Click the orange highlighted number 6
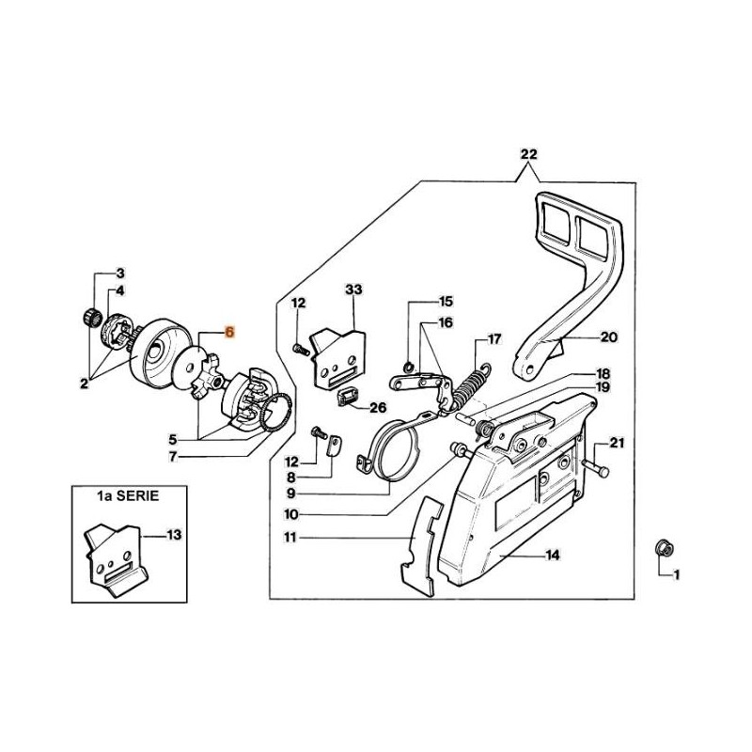pos(230,332)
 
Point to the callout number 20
pos(608,336)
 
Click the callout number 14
pos(553,556)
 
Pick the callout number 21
pos(617,442)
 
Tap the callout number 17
pos(494,338)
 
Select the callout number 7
pos(171,458)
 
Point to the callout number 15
pos(446,302)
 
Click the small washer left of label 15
pos(407,365)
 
